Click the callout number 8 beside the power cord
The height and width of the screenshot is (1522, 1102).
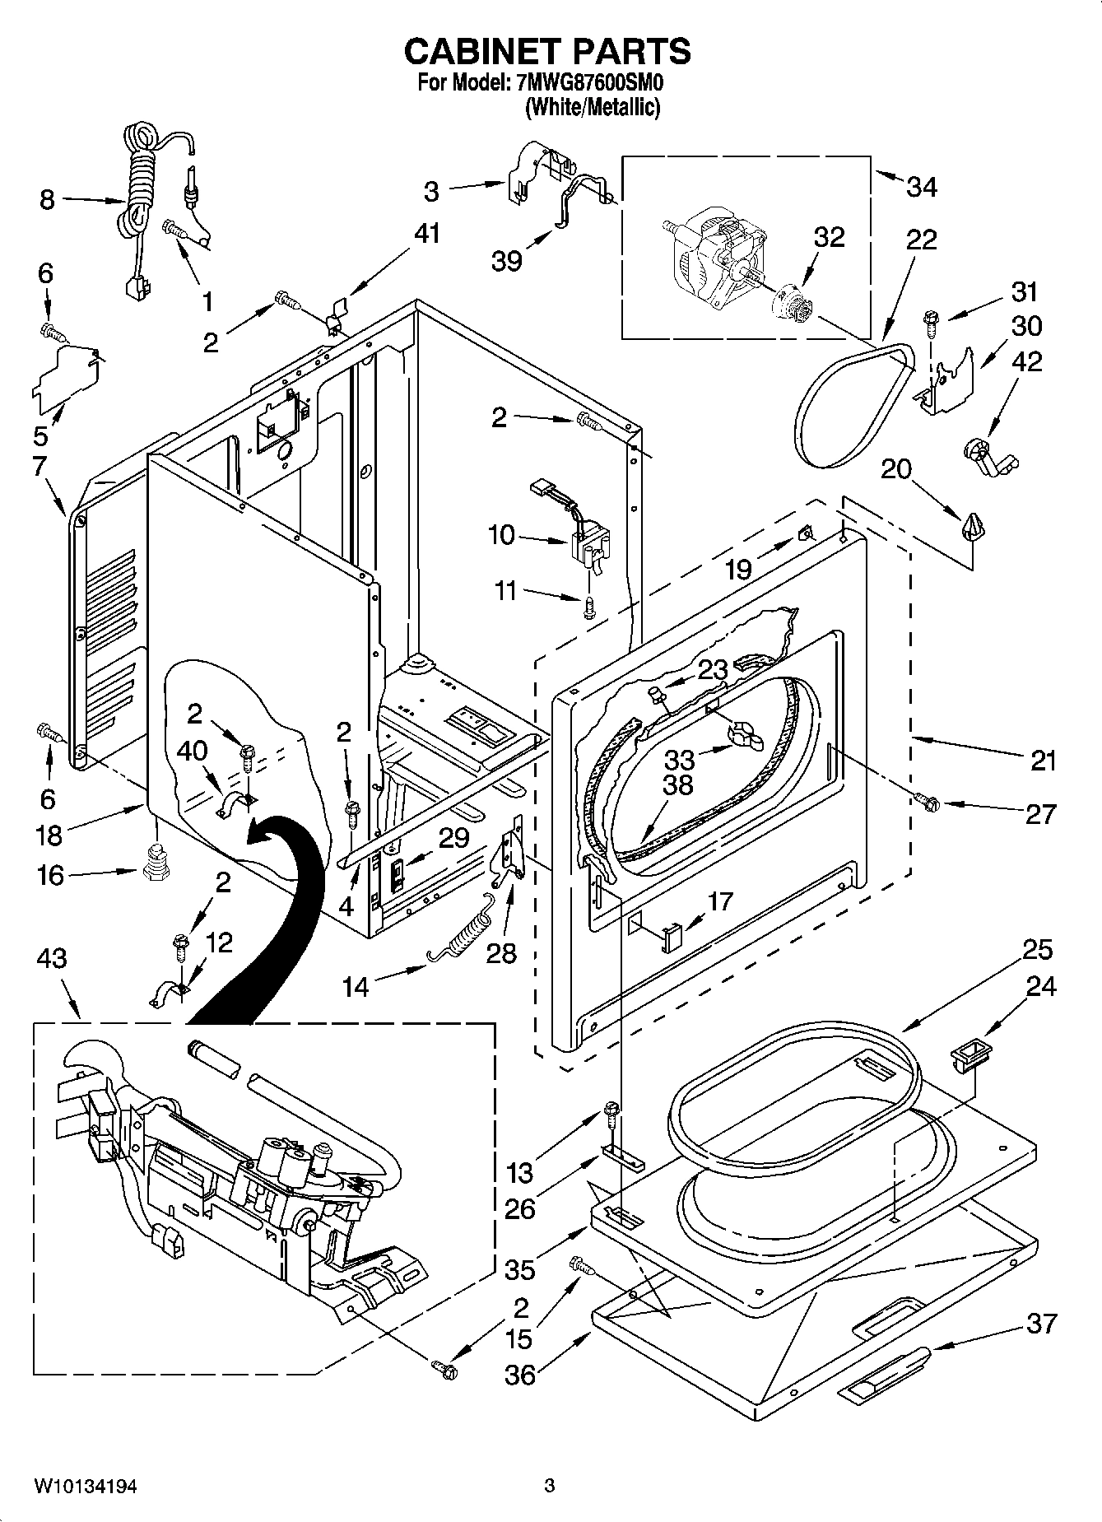click(47, 200)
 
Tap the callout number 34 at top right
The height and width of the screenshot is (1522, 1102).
click(921, 188)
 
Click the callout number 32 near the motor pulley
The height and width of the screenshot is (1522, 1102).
click(829, 237)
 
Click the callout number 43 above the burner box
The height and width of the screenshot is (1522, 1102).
click(51, 959)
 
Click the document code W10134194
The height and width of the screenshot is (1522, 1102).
click(86, 1487)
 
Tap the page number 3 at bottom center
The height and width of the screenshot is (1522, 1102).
click(549, 1487)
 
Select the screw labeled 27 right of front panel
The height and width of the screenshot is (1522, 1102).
click(928, 799)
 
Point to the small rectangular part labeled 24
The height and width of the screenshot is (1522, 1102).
click(968, 1055)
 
